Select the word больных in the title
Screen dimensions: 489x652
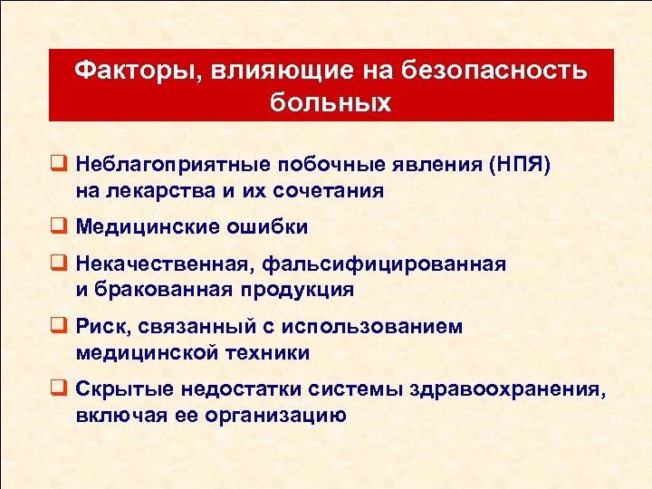[x=331, y=101]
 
